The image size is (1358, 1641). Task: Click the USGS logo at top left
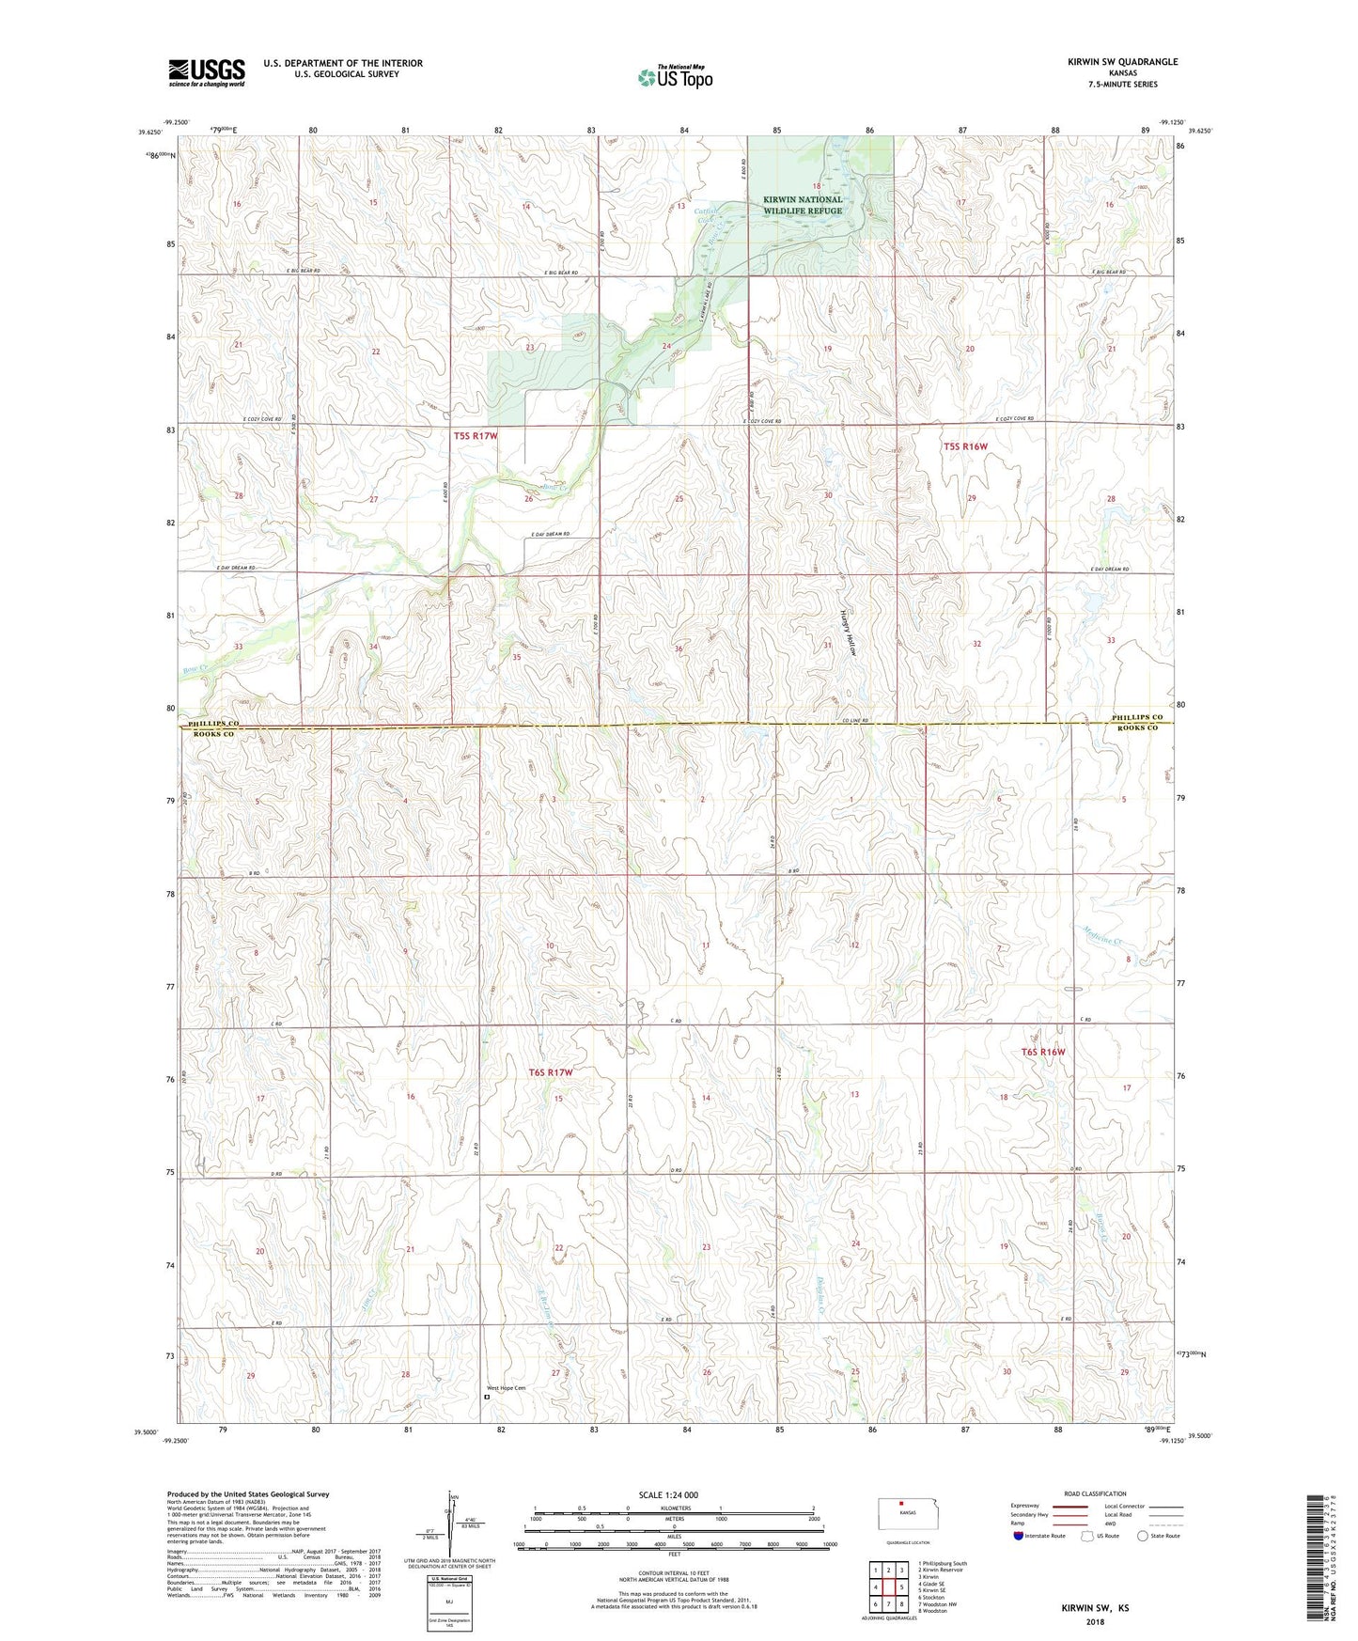(x=207, y=72)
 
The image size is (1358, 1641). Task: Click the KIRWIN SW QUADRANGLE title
(x=1122, y=62)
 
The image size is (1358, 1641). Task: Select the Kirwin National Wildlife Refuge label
(x=802, y=205)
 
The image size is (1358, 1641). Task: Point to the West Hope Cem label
(x=506, y=1388)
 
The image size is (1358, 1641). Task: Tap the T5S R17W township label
(x=475, y=436)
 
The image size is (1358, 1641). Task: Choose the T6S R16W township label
(x=1043, y=1052)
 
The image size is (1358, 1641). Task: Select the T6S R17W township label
(x=550, y=1072)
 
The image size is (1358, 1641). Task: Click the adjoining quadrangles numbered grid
(x=888, y=1586)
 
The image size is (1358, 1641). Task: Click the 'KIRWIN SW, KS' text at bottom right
(x=1094, y=1608)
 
